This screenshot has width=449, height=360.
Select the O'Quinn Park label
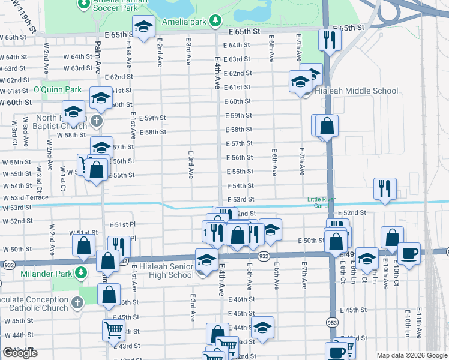[x=57, y=90]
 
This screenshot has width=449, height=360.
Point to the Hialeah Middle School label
[x=358, y=91]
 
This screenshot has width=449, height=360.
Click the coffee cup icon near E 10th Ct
[x=409, y=253]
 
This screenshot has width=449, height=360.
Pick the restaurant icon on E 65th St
[x=330, y=40]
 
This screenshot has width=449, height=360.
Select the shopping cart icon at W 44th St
[x=113, y=329]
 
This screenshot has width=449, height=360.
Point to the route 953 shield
[x=331, y=339]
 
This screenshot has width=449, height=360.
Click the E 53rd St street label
[x=240, y=199]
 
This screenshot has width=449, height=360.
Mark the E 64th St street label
[x=236, y=45]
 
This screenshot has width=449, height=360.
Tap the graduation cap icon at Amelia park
[x=143, y=28]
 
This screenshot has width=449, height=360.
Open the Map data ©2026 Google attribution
[x=411, y=355]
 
